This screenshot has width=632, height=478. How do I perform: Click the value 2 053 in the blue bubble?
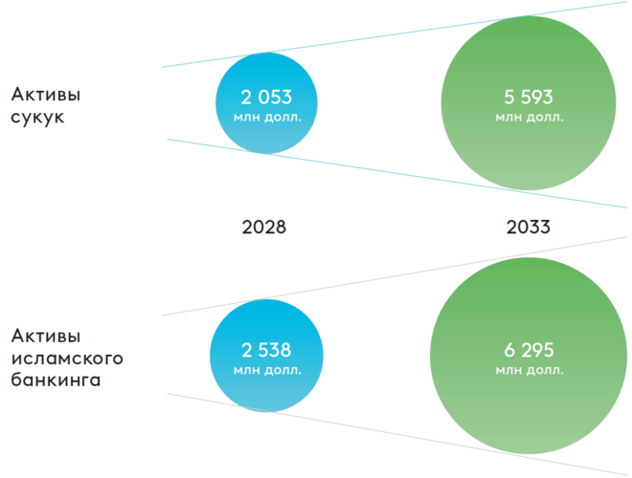pos(266,98)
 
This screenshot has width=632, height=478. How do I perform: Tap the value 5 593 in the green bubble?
pos(529,98)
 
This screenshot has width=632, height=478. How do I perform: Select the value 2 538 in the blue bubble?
pos(266,350)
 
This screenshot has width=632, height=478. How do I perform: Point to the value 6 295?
pos(529,350)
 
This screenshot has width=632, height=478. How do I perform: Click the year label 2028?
pos(263,228)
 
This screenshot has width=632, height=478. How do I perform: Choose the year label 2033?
pos(528,228)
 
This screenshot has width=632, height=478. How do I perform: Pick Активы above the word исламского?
pos(46,336)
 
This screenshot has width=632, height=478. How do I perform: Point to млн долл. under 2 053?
pos(266,118)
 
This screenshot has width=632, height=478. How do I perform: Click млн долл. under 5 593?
pos(529,118)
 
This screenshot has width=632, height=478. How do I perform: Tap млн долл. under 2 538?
pos(266,370)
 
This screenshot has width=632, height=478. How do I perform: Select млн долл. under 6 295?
pos(529,370)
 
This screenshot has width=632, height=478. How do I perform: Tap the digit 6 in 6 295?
pos(508,350)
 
